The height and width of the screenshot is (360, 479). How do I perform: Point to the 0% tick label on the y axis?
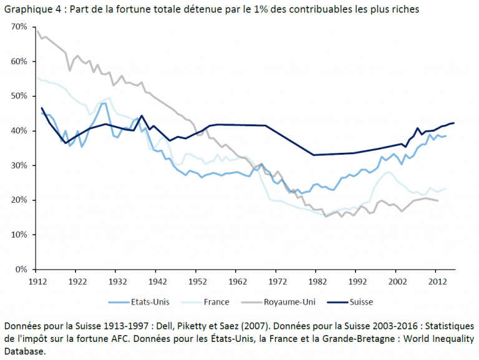pyautogui.click(x=21, y=270)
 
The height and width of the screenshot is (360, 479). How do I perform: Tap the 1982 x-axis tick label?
pyautogui.click(x=315, y=281)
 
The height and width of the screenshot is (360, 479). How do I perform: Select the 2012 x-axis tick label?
pyautogui.click(x=434, y=281)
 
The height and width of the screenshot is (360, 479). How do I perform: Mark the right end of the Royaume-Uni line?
pyautogui.click(x=438, y=201)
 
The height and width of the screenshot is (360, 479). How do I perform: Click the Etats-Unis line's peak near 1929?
pyautogui.click(x=103, y=103)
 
